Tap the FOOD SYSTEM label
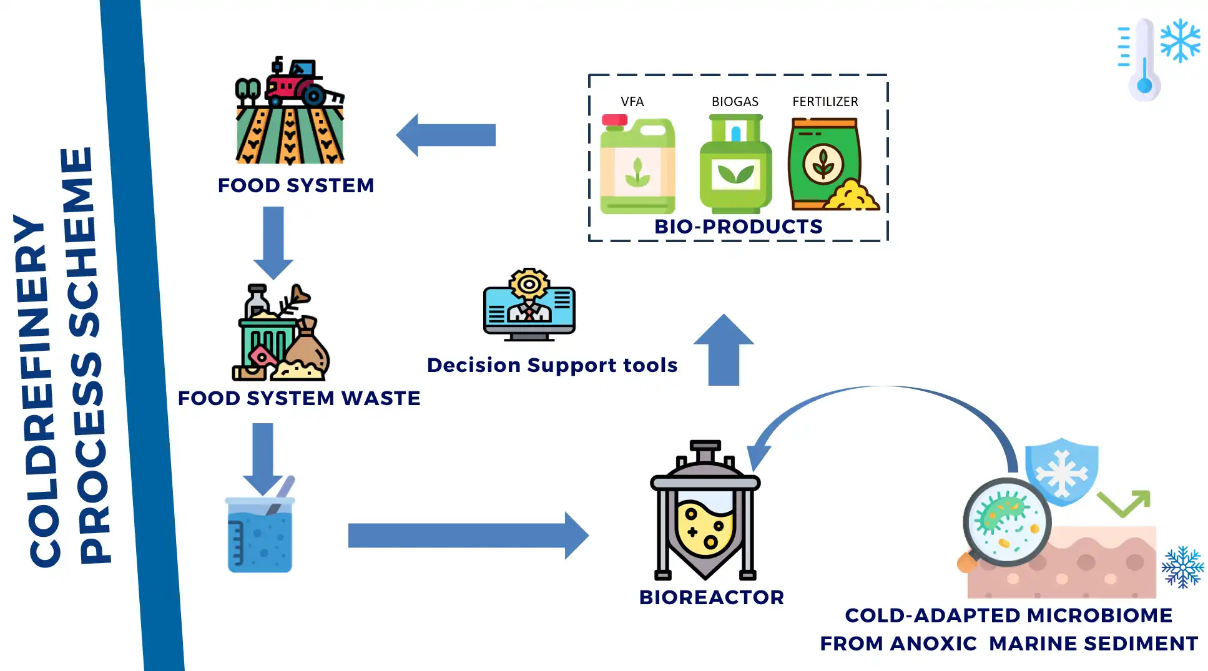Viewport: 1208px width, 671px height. point(296,185)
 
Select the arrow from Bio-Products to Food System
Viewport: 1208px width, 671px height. point(446,135)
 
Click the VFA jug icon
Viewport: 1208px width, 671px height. point(637,165)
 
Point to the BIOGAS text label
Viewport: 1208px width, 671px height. point(735,102)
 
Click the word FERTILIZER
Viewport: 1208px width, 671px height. point(825,102)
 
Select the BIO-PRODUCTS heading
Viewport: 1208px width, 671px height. point(738,227)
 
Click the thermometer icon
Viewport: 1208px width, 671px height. point(1144,59)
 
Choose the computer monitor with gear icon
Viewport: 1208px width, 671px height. point(529,306)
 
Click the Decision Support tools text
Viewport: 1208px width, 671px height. point(552,365)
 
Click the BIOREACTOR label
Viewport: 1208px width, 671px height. point(711,597)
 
